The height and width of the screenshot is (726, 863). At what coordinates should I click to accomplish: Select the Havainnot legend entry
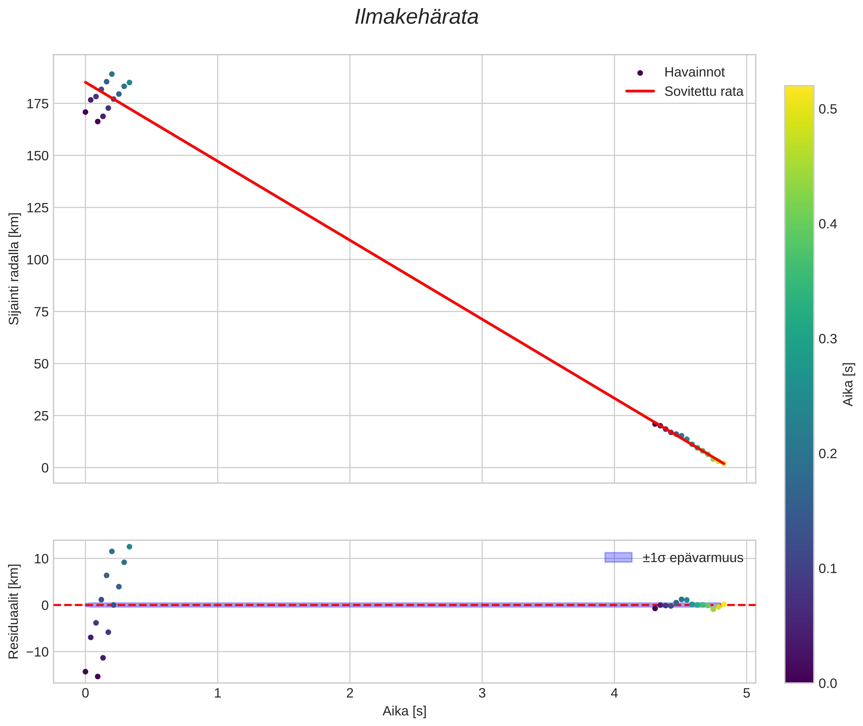pos(694,72)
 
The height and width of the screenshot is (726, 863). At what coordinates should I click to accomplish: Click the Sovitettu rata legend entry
pos(704,91)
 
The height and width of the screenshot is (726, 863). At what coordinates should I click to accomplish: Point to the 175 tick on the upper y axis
pos(37,104)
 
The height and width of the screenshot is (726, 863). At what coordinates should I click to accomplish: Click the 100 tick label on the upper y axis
pos(37,260)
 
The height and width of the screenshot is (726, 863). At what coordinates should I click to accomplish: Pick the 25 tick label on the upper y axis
pos(41,416)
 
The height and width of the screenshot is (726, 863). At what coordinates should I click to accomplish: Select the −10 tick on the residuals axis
pos(37,652)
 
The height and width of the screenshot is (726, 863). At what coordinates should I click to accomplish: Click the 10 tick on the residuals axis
pos(41,559)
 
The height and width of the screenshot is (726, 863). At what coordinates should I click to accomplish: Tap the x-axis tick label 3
pos(482,693)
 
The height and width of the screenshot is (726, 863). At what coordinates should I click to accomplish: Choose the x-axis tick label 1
pos(218,693)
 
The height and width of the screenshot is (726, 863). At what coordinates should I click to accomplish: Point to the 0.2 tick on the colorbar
pos(827,454)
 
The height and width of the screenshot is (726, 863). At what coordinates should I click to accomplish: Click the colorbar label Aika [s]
pos(848,384)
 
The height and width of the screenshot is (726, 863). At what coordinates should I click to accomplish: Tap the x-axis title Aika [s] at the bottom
pos(404,711)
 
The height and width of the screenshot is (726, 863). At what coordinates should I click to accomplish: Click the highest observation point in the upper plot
pos(112,74)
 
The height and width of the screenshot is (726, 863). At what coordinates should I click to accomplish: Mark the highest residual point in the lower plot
pos(129,547)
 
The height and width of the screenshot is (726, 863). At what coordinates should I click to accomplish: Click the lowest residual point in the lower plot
pos(98,677)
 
